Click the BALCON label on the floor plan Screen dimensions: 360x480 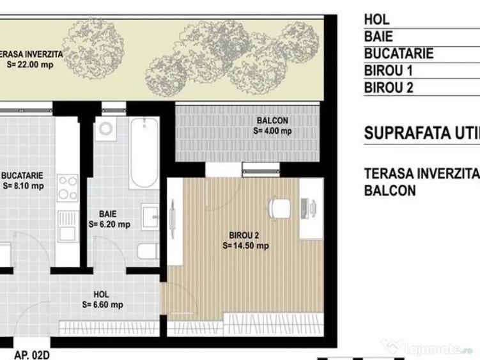(x=272, y=120)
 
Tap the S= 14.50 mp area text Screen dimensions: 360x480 (x=245, y=245)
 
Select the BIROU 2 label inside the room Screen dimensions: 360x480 (x=245, y=235)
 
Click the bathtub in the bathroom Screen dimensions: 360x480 (x=144, y=153)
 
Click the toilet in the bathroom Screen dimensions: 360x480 (x=148, y=250)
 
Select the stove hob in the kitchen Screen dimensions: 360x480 (x=67, y=188)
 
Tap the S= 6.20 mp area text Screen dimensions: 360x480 (x=109, y=224)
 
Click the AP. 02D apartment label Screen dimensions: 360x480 (x=33, y=354)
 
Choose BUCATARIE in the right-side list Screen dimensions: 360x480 (x=398, y=54)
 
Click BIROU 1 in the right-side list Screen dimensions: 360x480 (x=389, y=71)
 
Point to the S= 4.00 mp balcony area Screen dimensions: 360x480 (x=272, y=131)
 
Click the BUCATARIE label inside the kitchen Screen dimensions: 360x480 (x=23, y=175)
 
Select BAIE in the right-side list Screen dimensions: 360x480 (x=378, y=36)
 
